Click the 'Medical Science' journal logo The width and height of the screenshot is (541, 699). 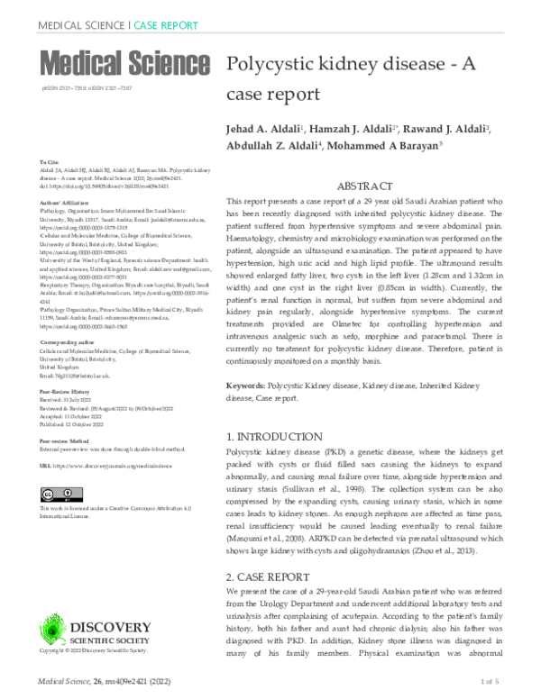pos(123,63)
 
